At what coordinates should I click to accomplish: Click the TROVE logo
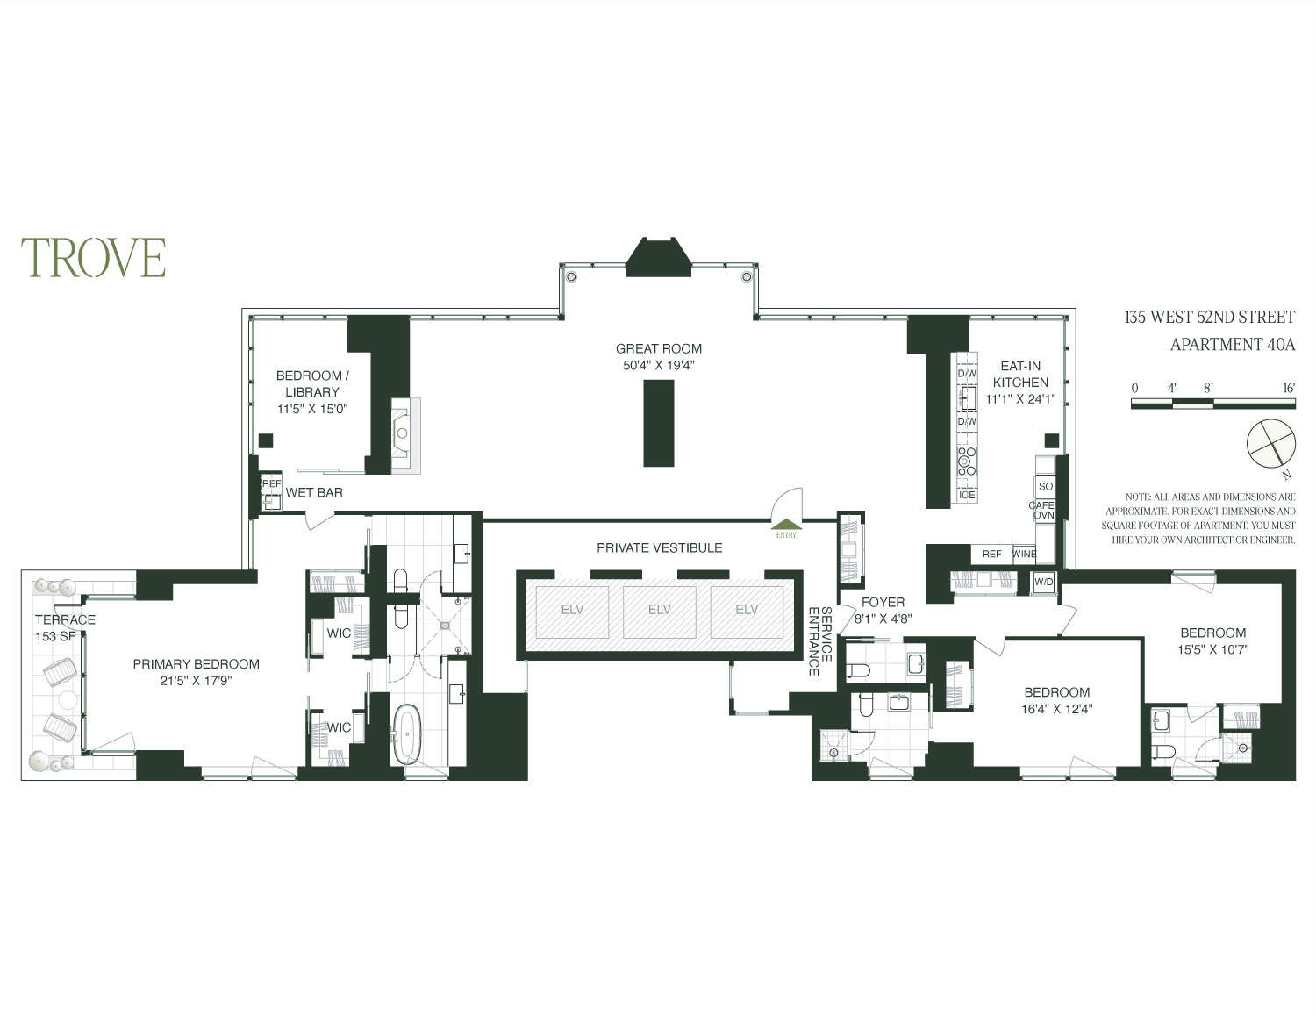coord(94,257)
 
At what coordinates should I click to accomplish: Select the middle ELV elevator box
coord(659,611)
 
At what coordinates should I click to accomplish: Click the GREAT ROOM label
coord(658,348)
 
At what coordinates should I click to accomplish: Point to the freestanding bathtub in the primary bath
coord(406,734)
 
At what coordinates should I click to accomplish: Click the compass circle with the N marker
coord(1270,441)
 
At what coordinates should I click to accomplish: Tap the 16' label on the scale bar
coord(1287,387)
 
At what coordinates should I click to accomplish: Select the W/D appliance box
coord(1043,582)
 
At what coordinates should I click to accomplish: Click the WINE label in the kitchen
coord(1024,555)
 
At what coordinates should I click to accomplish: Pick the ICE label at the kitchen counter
coord(967,495)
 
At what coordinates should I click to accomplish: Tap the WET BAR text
coord(314,493)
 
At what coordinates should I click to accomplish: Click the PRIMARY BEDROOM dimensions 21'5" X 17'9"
coord(196,680)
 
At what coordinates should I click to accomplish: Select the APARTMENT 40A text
coord(1232,345)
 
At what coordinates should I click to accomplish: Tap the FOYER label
coord(883,602)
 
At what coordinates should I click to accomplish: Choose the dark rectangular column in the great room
coord(658,423)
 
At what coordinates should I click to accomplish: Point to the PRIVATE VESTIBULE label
coord(659,547)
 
